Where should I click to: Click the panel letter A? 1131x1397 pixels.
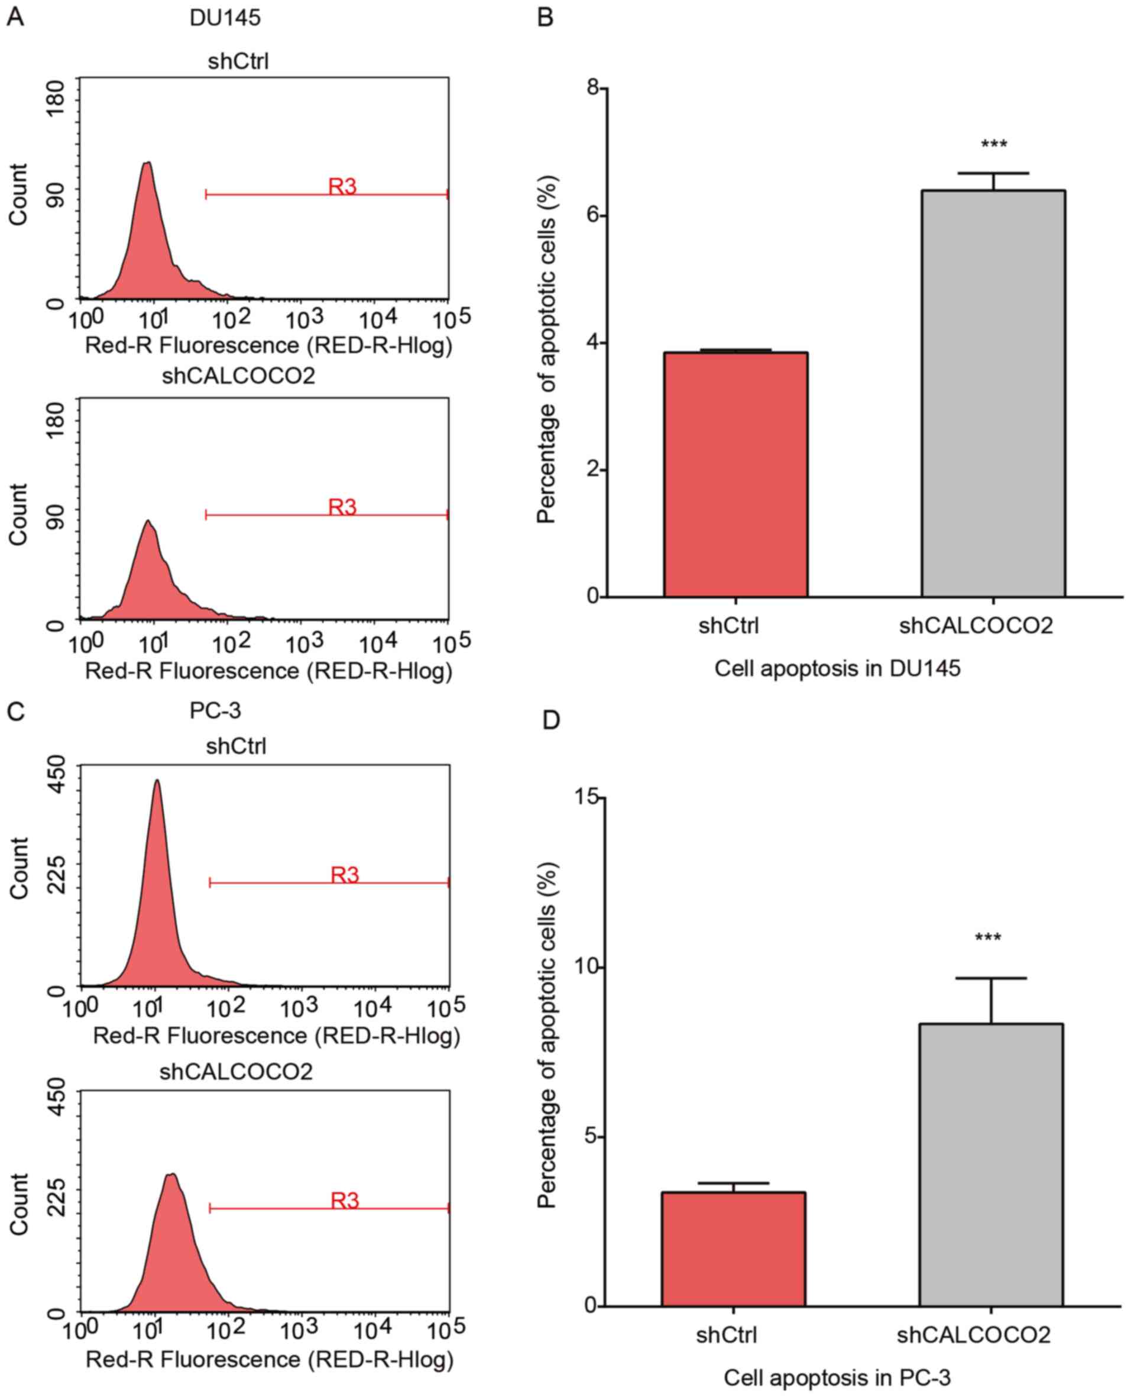pyautogui.click(x=15, y=18)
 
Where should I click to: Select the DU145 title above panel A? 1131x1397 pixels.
pyautogui.click(x=225, y=18)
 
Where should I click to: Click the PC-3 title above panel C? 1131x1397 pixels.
pyautogui.click(x=215, y=710)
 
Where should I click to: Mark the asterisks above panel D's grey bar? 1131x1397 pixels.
pyautogui.click(x=988, y=938)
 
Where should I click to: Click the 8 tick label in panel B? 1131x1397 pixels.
pyautogui.click(x=592, y=89)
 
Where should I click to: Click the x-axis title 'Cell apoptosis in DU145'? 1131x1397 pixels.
pyautogui.click(x=837, y=669)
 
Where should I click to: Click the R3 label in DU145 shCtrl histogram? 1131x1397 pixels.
pyautogui.click(x=342, y=187)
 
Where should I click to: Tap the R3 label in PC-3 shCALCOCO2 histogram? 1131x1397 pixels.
pyautogui.click(x=345, y=1200)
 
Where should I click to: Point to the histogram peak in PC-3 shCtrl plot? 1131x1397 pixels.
pyautogui.click(x=156, y=781)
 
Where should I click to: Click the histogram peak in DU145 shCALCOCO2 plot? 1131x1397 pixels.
pyautogui.click(x=148, y=521)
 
